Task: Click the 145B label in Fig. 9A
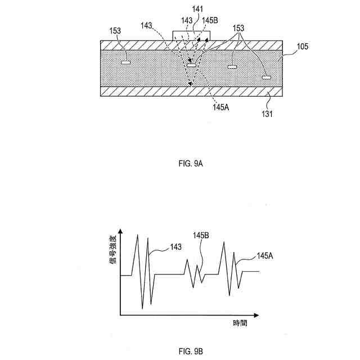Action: (210, 20)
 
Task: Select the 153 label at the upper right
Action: (238, 28)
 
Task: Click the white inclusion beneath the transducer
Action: (192, 66)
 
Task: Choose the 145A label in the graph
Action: (265, 256)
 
